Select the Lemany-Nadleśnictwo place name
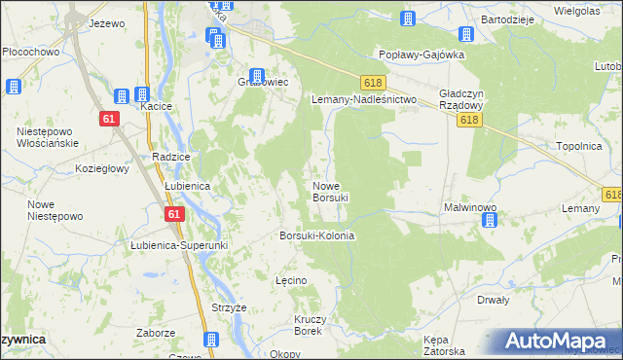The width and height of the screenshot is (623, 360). [x=363, y=100]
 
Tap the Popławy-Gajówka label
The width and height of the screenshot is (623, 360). [x=421, y=55]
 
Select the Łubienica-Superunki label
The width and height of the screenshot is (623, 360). [x=178, y=245]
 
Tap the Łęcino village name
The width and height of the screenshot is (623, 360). [x=291, y=280]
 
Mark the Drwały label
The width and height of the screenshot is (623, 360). [x=494, y=301]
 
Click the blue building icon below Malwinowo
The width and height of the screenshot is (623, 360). [x=489, y=222]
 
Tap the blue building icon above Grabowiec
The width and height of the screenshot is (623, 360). [x=257, y=75]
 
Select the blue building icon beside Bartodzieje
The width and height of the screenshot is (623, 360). [x=465, y=34]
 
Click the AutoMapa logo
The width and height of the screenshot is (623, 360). [x=559, y=341]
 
